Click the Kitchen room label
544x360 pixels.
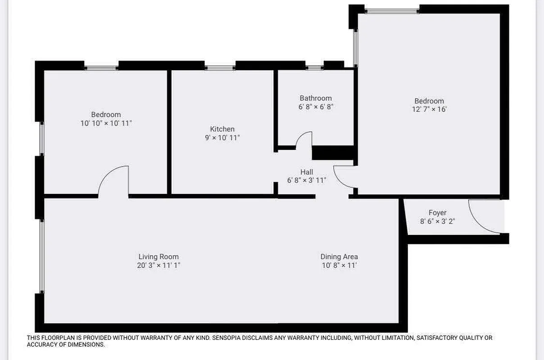point(222,129)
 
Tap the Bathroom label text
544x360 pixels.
point(316,98)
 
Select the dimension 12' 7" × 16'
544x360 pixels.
point(429,109)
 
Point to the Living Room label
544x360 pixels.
point(159,257)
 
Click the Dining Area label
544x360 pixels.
point(339,257)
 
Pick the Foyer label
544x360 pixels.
point(437,213)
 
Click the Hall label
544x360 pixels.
point(307,172)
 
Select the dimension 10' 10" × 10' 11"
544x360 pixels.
point(106,123)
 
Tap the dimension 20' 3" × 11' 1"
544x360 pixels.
point(159,265)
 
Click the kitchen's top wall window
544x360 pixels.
point(220,67)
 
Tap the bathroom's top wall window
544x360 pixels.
point(314,67)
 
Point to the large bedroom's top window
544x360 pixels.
point(392,10)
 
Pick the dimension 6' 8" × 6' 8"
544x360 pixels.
point(316,107)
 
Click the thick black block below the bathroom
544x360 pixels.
point(333,153)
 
